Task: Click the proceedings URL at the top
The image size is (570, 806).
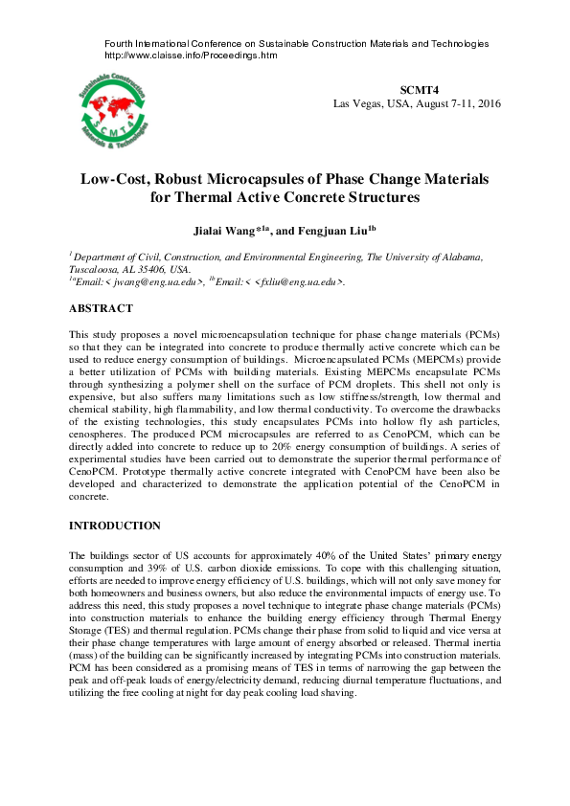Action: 190,56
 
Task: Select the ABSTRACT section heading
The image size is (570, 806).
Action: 102,308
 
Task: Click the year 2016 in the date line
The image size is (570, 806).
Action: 487,103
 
